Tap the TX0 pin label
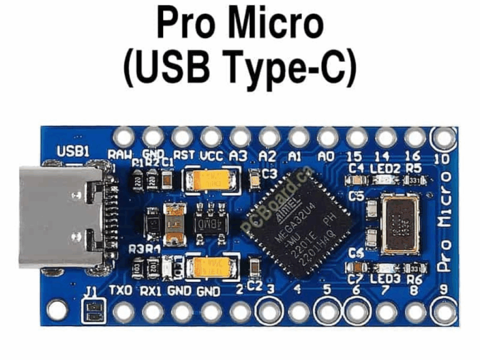point(121,290)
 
